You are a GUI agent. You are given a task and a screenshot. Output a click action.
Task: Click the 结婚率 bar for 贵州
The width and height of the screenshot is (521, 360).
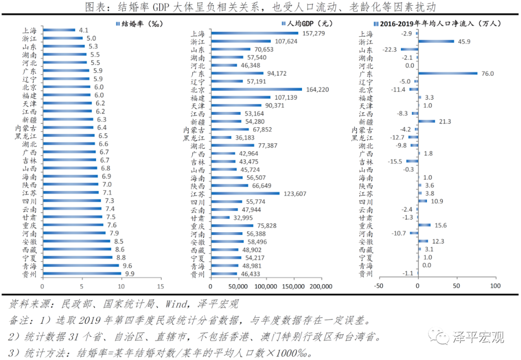82,274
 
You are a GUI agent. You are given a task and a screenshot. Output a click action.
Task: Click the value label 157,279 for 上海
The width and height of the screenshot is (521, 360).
313,34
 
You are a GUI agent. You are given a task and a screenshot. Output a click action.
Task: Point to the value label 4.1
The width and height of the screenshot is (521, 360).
83,30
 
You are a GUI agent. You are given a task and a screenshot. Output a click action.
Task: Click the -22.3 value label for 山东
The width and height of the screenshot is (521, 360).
389,50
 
